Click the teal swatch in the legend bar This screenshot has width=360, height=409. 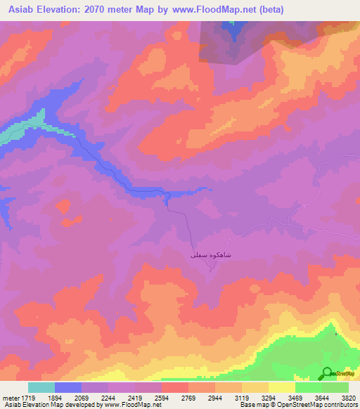pyautogui.click(x=41, y=387)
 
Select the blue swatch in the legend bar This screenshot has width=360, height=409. pyautogui.click(x=68, y=387)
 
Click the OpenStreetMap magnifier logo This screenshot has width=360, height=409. pyautogui.click(x=326, y=374)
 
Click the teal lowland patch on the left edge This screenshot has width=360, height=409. pyautogui.click(x=15, y=130)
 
